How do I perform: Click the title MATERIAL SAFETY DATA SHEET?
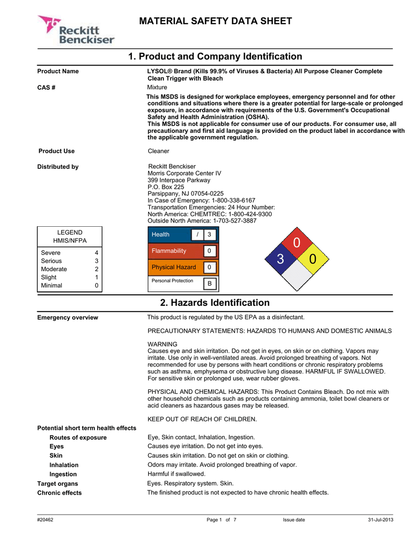[x=215, y=21]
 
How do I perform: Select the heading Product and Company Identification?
[x=215, y=56]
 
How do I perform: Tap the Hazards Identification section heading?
[x=215, y=303]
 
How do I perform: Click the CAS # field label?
[x=46, y=87]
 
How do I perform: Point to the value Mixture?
[x=157, y=87]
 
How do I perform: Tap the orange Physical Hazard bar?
[x=174, y=267]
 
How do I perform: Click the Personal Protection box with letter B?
[x=209, y=284]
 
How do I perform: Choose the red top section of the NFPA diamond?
[x=296, y=243]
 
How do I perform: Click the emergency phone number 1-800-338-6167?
[x=233, y=200]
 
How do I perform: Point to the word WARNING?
[x=162, y=344]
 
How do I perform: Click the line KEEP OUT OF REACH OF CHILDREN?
[x=202, y=419]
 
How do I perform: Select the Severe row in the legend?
[x=69, y=253]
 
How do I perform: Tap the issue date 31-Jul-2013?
[x=380, y=520]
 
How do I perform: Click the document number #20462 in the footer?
[x=45, y=520]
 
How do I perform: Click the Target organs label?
[x=57, y=483]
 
